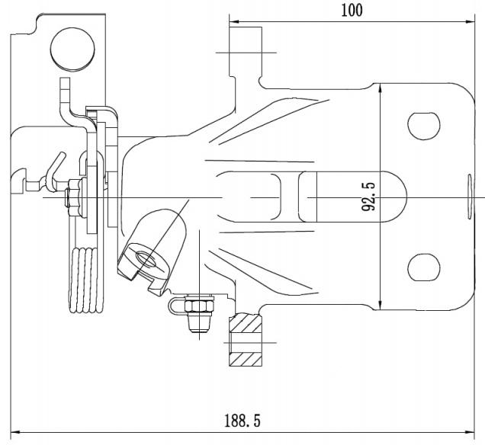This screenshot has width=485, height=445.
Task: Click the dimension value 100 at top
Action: click(x=352, y=11)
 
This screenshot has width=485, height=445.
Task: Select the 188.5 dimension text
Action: click(x=242, y=421)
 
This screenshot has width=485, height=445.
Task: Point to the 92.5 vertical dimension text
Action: click(x=368, y=197)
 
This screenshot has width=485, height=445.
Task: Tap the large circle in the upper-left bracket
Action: click(x=72, y=50)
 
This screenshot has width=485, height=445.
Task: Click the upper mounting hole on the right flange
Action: click(x=424, y=126)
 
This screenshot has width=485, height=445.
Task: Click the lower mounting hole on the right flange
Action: click(x=424, y=267)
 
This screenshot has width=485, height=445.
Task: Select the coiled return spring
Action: click(x=87, y=280)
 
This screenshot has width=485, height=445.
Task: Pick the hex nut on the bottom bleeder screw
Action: click(x=199, y=307)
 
